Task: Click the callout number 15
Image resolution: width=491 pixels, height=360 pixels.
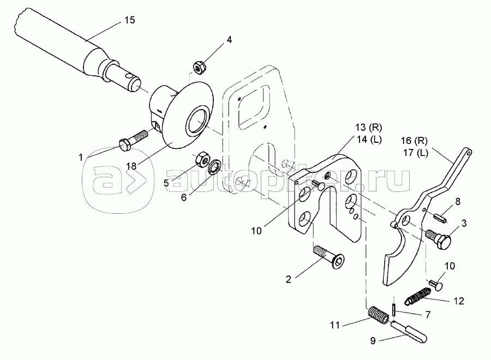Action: (x=130, y=20)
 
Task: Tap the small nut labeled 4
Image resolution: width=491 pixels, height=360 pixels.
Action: (x=198, y=67)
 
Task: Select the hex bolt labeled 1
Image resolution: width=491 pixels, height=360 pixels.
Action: (x=133, y=141)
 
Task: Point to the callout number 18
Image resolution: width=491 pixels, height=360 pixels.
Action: (x=131, y=166)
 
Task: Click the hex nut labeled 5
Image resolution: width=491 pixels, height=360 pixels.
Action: (x=202, y=159)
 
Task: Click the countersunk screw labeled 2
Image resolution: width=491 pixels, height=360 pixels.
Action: (x=329, y=257)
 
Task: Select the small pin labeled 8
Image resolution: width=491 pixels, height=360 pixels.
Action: (x=440, y=218)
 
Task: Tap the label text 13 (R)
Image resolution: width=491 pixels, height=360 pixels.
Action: (x=369, y=128)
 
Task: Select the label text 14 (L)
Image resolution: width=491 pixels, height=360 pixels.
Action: (x=369, y=140)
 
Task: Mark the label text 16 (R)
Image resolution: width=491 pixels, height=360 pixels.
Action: (x=414, y=141)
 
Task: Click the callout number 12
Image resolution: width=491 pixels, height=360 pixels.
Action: (x=458, y=301)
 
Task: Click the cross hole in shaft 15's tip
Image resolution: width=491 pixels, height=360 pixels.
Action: (x=128, y=76)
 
